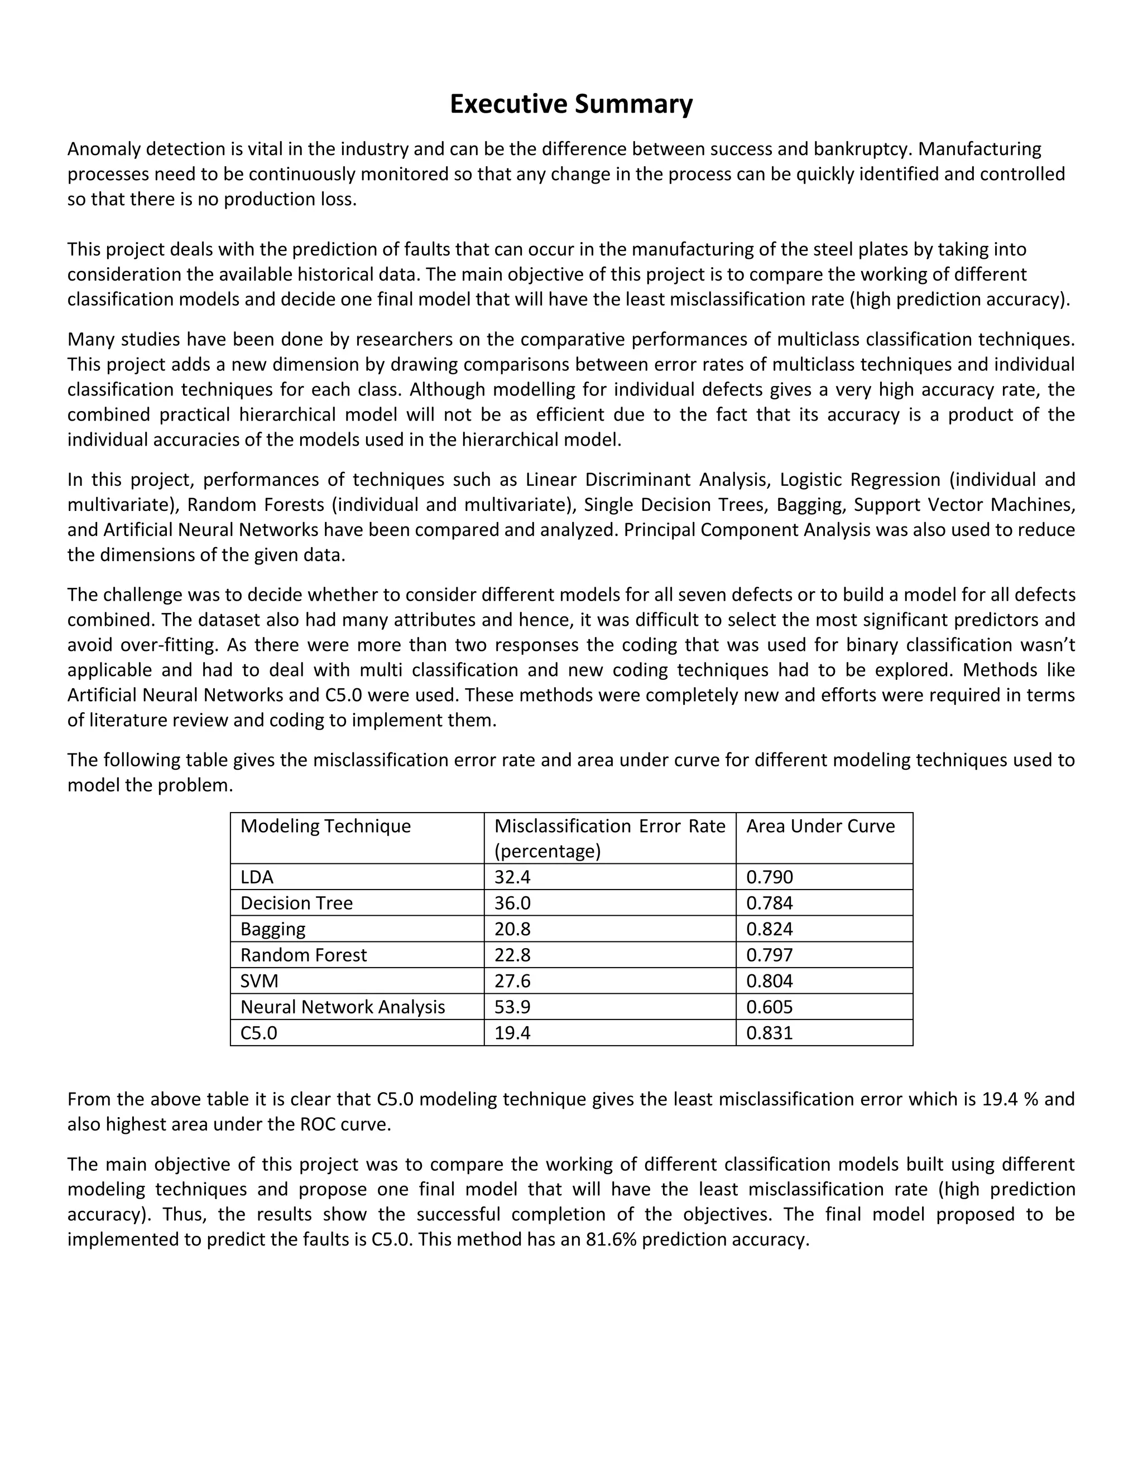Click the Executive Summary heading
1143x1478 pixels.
click(571, 104)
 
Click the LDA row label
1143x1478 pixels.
click(257, 877)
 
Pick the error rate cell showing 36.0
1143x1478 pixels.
click(512, 903)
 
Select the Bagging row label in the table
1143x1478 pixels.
click(273, 929)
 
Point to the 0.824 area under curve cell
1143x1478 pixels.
click(769, 929)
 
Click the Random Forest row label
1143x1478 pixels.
click(304, 955)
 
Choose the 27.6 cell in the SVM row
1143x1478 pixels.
click(512, 980)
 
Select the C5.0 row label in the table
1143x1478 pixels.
click(258, 1033)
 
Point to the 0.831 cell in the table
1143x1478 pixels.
click(769, 1033)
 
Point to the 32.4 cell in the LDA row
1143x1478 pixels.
click(512, 877)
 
